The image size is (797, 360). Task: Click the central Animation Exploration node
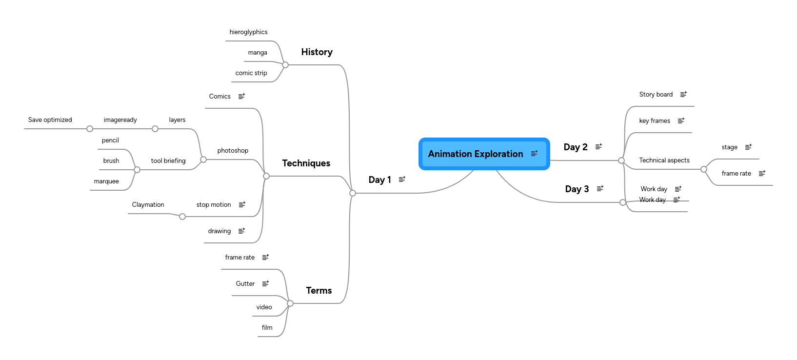476,154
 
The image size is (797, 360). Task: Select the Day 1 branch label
379,180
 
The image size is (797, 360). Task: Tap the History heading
317,52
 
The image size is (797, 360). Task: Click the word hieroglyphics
248,32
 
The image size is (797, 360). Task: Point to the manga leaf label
257,53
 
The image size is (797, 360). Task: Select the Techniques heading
306,163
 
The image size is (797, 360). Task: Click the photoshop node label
233,151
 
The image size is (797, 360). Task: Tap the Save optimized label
50,120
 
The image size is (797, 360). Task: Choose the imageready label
120,120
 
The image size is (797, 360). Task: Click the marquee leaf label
106,181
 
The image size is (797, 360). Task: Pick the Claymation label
148,205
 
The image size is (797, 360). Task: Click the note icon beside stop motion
242,205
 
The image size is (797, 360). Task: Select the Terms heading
319,291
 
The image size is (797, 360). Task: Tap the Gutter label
245,284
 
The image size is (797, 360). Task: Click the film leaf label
267,328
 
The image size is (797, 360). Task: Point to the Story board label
656,95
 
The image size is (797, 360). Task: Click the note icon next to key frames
681,121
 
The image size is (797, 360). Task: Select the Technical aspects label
664,160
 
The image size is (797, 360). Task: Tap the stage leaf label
729,147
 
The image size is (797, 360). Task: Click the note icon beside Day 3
600,189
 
